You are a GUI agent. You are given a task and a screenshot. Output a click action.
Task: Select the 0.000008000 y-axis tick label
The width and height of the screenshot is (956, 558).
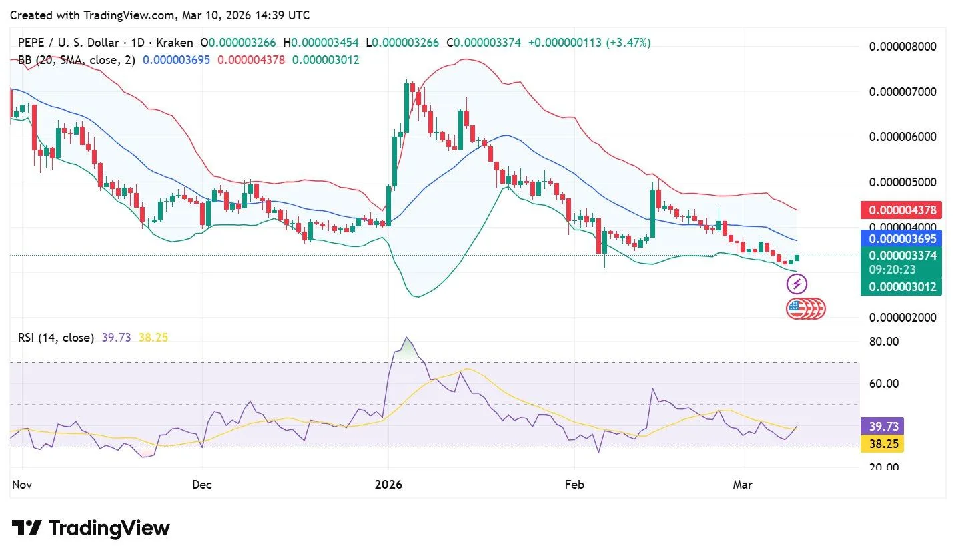(903, 47)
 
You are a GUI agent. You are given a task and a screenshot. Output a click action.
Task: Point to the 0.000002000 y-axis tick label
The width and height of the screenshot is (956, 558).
(903, 317)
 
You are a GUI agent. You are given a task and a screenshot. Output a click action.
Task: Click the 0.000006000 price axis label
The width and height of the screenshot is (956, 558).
(903, 137)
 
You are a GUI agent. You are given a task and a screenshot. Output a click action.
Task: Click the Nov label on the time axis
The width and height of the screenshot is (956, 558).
(22, 485)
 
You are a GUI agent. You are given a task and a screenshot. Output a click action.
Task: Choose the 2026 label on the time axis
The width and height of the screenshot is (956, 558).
(389, 485)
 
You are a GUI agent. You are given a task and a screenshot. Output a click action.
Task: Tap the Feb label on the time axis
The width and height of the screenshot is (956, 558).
(574, 485)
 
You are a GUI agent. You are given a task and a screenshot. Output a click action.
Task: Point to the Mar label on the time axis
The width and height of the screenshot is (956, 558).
(743, 485)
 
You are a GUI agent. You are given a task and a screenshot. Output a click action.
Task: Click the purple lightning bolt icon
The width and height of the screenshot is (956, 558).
(797, 284)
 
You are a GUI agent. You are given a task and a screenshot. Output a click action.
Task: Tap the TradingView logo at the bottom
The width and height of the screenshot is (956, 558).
(91, 529)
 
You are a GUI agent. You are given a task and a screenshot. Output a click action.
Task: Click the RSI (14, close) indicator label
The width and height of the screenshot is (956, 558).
(56, 338)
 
